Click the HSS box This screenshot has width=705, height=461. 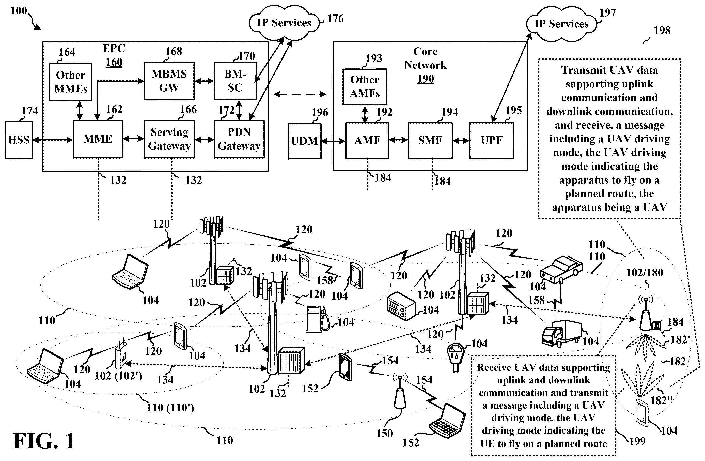[x=19, y=140]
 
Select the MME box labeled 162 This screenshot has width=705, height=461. [x=98, y=139]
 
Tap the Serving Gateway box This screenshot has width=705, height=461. [x=169, y=139]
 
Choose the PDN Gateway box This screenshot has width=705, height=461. [x=239, y=139]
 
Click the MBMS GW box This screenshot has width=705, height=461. [x=169, y=81]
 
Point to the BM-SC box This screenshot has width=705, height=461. [x=235, y=81]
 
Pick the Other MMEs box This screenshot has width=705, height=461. [x=71, y=82]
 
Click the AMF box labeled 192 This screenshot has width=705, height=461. [x=367, y=140]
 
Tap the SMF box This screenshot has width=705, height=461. [x=430, y=140]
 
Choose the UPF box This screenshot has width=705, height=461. [x=491, y=140]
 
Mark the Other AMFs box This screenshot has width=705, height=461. [x=365, y=86]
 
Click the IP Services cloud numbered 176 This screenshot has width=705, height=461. [x=284, y=23]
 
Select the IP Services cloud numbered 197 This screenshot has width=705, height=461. [x=561, y=24]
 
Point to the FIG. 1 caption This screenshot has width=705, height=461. [x=43, y=441]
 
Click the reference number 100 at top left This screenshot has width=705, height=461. [x=19, y=11]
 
